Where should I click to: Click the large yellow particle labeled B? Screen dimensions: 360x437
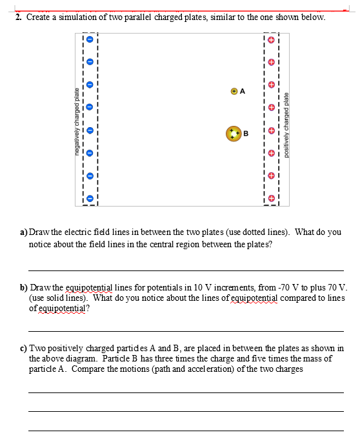click(x=233, y=134)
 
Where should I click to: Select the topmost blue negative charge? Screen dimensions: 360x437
click(x=90, y=40)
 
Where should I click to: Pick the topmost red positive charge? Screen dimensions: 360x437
click(x=272, y=40)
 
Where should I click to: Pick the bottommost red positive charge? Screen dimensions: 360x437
click(x=272, y=198)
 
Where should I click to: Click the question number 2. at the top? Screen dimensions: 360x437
click(x=20, y=17)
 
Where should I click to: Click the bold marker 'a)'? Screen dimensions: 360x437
click(x=25, y=231)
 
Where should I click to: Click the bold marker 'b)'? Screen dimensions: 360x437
click(x=25, y=287)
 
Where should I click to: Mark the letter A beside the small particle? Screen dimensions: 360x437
click(x=242, y=91)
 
